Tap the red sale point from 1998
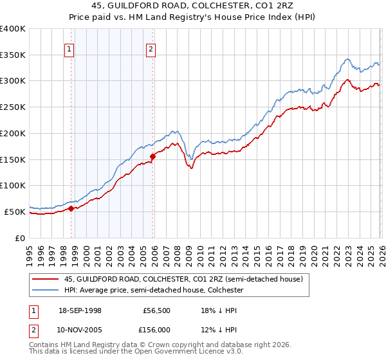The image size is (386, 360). [71, 208]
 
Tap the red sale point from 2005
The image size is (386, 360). [152, 156]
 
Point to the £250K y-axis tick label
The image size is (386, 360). [13, 107]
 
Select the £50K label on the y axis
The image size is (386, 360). [15, 212]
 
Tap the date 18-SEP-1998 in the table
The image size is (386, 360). [79, 310]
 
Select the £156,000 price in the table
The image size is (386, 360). [156, 330]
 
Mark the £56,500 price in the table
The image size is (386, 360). [156, 310]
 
